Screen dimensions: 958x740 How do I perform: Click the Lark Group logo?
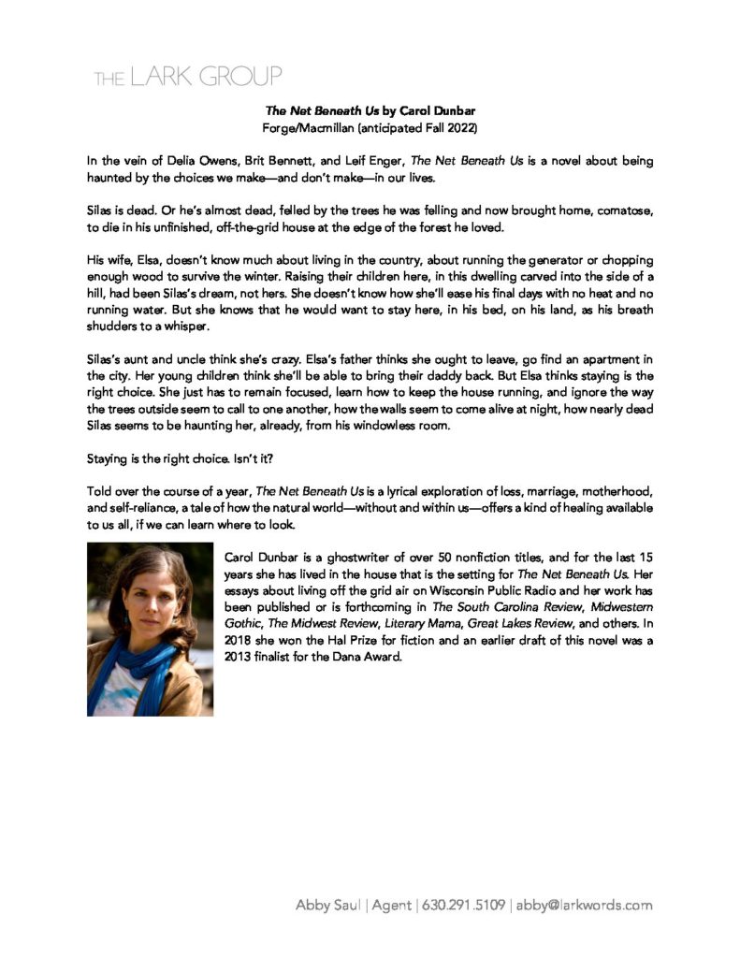[x=187, y=77]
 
